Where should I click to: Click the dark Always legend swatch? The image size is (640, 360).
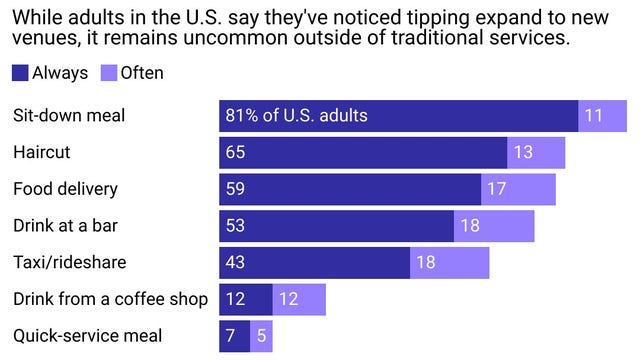click(x=20, y=72)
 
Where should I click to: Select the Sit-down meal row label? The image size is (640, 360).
click(x=68, y=115)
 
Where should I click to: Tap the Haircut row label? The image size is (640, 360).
click(x=41, y=152)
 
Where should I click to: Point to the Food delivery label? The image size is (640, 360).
click(x=65, y=189)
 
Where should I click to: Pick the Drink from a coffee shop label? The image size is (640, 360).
click(x=110, y=299)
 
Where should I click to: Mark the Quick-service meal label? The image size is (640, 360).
click(x=87, y=336)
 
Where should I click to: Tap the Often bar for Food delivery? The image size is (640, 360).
click(x=518, y=189)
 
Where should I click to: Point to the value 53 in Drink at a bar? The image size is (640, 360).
click(x=235, y=225)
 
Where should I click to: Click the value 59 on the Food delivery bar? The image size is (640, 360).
click(x=235, y=189)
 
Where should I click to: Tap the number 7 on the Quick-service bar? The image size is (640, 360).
click(x=231, y=336)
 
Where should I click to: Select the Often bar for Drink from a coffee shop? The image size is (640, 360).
click(x=299, y=299)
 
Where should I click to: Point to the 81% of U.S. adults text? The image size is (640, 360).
click(x=297, y=115)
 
